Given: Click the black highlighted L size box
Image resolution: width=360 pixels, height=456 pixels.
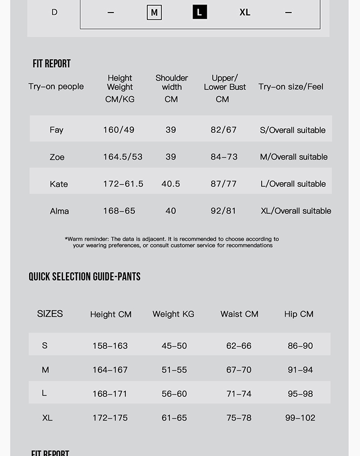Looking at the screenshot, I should (x=200, y=12).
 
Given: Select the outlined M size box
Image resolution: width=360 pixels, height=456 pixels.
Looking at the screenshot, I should (x=154, y=12).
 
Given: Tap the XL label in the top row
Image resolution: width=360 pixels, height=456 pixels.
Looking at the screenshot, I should (x=245, y=12).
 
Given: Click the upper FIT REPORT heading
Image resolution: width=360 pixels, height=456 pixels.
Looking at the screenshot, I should (x=51, y=64).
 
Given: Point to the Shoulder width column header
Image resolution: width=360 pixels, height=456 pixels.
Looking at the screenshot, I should (x=171, y=83).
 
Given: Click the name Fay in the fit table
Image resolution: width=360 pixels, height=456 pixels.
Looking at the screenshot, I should (x=56, y=130).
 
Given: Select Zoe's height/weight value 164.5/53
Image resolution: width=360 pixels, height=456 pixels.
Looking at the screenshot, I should (x=122, y=157).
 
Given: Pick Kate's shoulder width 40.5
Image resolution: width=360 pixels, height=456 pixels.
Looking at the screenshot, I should (x=171, y=184).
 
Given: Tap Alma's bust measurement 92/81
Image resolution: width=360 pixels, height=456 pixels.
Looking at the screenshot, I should (x=223, y=211).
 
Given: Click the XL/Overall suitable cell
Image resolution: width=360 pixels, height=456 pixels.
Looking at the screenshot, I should (x=296, y=211).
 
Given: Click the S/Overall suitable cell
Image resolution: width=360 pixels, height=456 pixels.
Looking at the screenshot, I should (x=292, y=130).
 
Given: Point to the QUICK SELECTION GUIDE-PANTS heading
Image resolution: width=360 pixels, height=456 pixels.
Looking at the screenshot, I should (x=84, y=276).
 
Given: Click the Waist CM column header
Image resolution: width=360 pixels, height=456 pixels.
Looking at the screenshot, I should (x=239, y=314).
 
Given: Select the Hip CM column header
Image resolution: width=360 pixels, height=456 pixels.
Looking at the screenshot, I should (x=299, y=314).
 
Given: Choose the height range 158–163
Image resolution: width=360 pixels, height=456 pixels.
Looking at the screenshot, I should (x=110, y=346).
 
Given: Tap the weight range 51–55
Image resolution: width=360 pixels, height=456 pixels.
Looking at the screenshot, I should (x=174, y=370).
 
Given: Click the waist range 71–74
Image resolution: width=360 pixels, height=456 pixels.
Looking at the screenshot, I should (x=239, y=394).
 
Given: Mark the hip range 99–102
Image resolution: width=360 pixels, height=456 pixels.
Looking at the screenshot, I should (x=300, y=418).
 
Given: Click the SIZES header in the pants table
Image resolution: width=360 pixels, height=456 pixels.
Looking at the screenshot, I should (x=50, y=314).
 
